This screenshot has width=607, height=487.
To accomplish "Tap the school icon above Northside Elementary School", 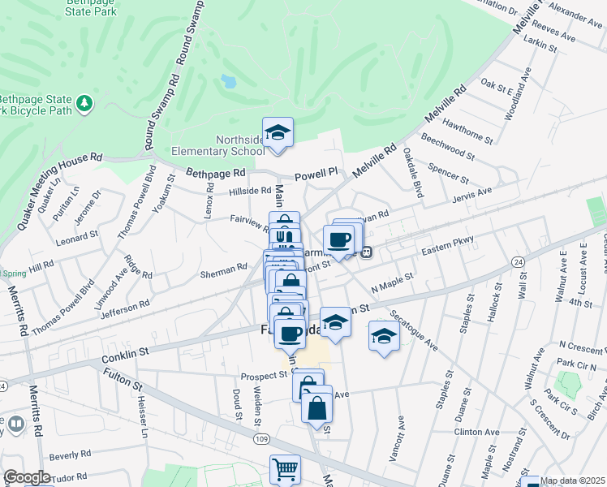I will click(x=278, y=133).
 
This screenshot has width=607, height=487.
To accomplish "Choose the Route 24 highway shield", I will click(x=517, y=261).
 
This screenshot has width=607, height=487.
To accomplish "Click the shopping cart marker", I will click(x=285, y=469).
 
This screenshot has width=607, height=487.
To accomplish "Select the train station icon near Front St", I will click(x=367, y=252).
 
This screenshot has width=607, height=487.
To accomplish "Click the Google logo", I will click(x=27, y=477).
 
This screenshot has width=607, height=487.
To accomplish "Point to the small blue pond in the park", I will click(x=229, y=81).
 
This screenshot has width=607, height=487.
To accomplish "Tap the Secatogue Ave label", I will click(x=413, y=330).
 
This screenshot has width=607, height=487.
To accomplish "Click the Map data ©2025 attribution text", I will click(x=573, y=481).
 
